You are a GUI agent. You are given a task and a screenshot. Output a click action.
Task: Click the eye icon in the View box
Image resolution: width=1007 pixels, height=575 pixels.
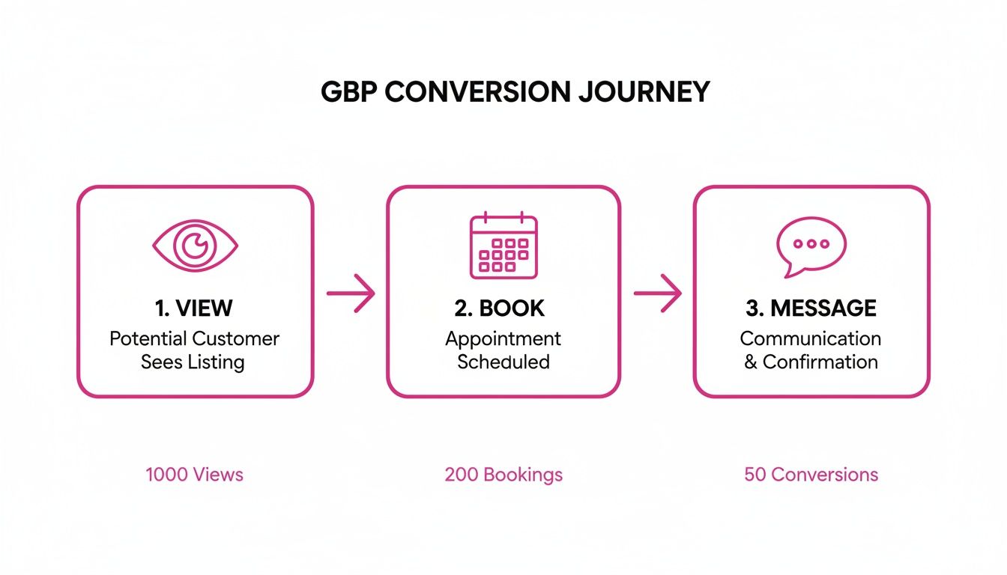[195, 245]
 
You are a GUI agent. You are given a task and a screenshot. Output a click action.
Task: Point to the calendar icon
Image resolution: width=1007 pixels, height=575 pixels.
[503, 246]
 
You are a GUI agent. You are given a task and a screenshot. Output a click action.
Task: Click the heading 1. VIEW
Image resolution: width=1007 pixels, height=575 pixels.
[195, 308]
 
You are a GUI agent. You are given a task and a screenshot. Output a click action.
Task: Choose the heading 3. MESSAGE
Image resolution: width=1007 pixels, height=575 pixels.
[811, 308]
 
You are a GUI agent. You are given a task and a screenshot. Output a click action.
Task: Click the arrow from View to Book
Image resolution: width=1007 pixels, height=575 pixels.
[351, 293]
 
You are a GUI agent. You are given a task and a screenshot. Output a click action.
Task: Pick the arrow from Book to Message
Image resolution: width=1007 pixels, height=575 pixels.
[658, 293]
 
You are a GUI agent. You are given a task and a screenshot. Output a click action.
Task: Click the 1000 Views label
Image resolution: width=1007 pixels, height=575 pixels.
[195, 474]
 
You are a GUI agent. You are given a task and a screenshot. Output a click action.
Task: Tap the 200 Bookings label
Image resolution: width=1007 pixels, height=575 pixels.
[503, 474]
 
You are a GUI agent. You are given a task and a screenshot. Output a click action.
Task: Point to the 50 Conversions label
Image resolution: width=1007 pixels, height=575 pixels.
[811, 474]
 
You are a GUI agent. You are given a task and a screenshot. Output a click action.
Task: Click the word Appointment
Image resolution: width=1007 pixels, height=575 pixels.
[503, 338]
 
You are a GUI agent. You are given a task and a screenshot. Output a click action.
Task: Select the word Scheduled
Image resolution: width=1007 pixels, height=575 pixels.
[503, 362]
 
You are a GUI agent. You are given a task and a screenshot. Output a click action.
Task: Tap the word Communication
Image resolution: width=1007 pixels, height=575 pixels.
[811, 338]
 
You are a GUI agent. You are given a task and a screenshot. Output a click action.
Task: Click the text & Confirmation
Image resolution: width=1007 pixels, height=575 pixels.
[811, 362]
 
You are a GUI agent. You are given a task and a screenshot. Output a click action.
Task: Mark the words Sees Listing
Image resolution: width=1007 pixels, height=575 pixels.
[193, 362]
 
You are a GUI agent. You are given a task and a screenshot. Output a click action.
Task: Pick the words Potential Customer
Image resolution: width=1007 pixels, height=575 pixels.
[195, 338]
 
